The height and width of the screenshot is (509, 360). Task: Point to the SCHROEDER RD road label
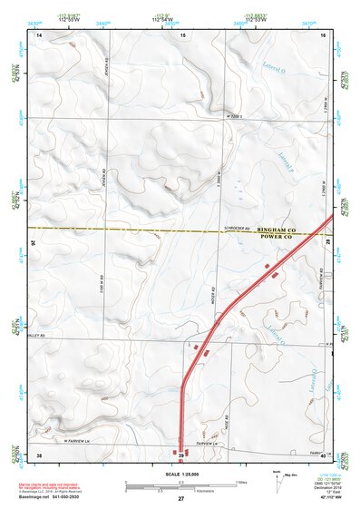click(235, 228)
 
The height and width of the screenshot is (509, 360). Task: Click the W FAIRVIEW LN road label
click(79, 440)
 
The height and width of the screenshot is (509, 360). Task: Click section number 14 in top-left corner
click(38, 34)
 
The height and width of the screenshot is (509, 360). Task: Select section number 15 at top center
click(182, 34)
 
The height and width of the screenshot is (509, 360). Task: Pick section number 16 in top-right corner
click(323, 34)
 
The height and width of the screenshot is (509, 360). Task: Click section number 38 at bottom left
click(38, 454)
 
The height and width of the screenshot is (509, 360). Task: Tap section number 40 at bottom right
click(324, 454)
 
